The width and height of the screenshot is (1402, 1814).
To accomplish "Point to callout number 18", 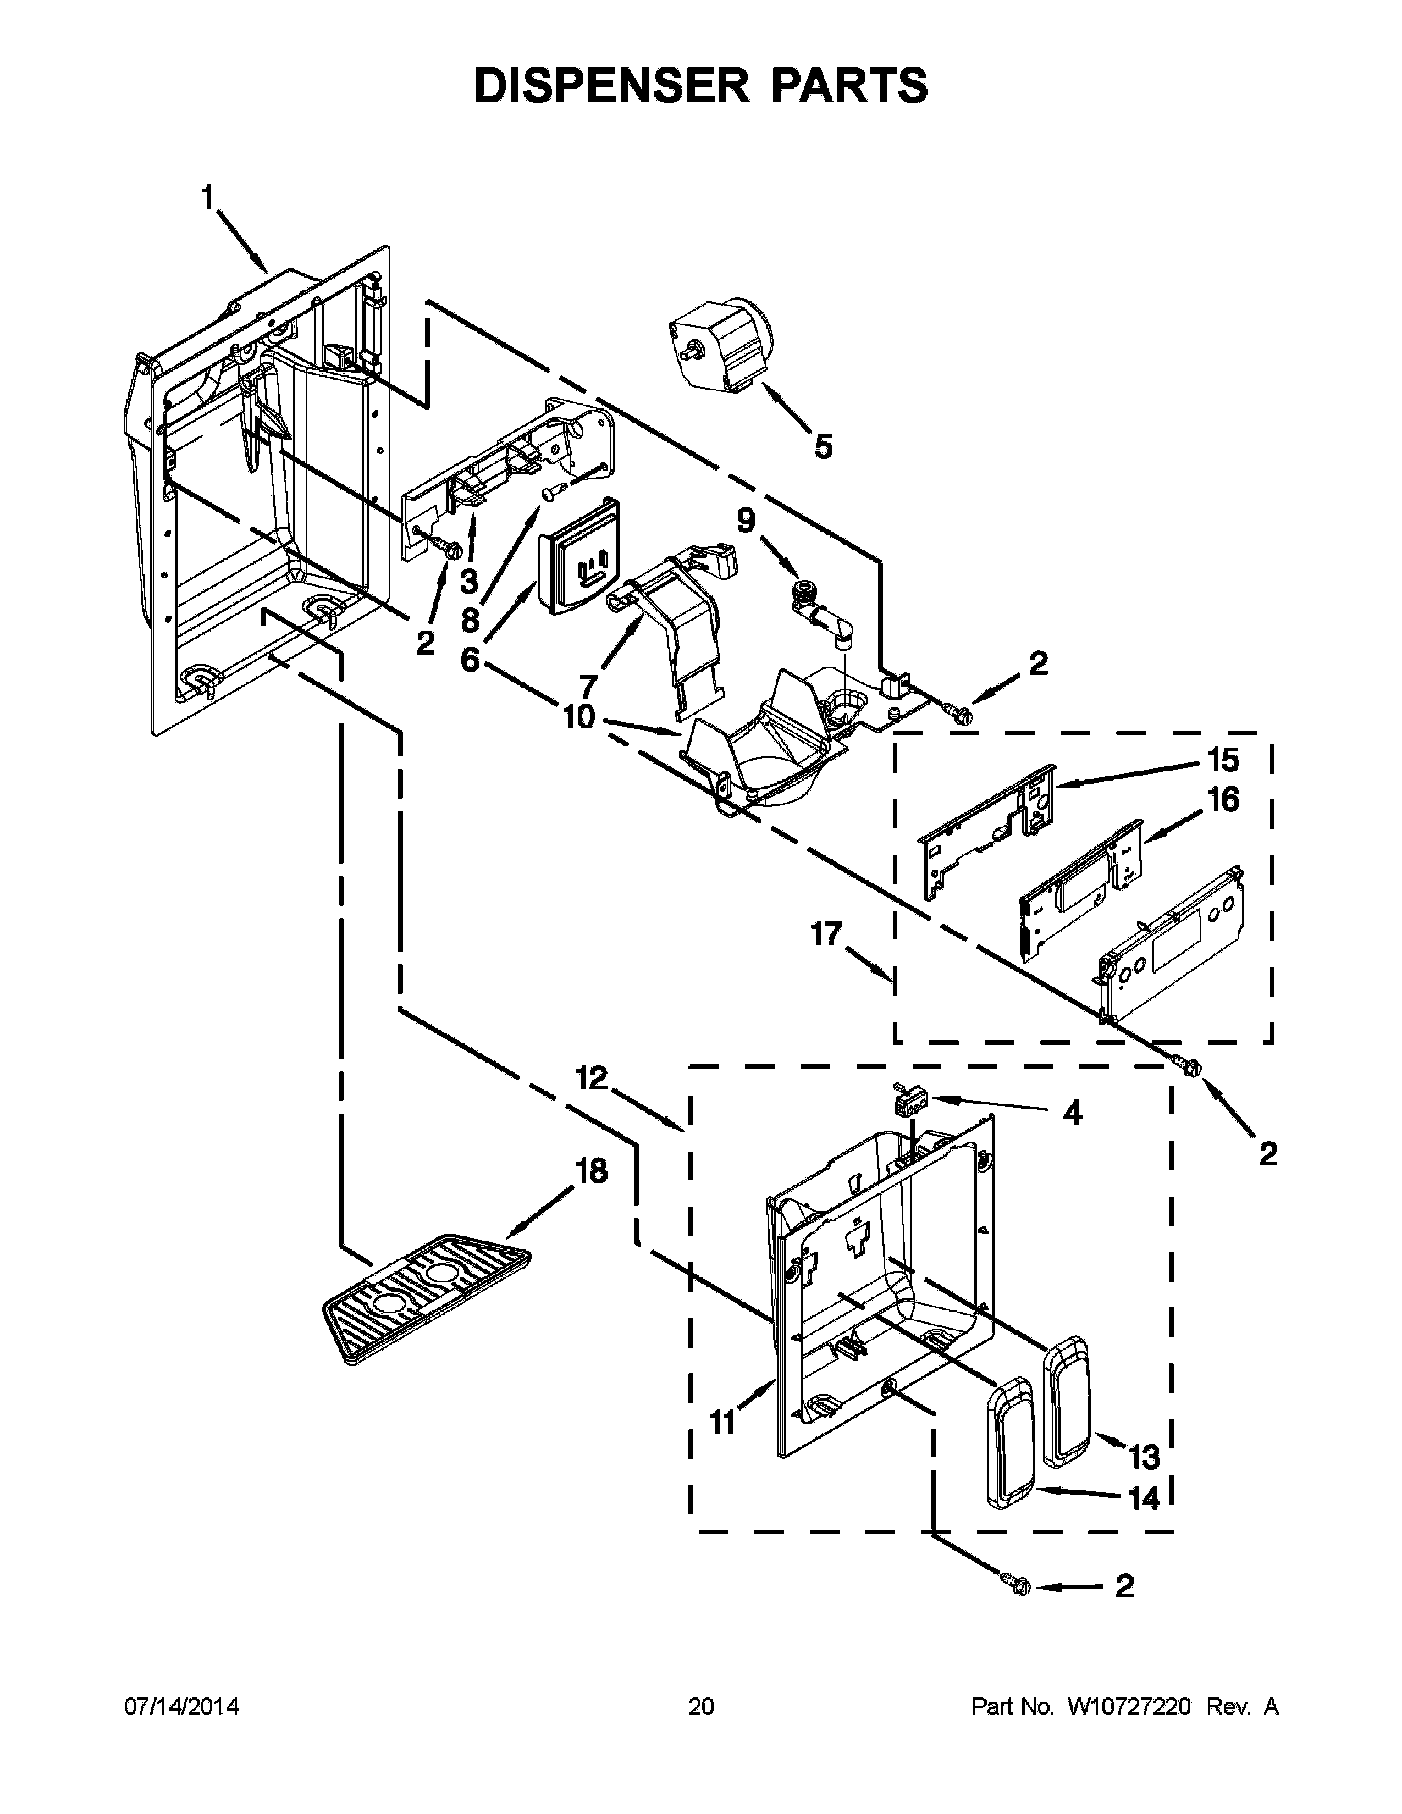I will point(592,1171).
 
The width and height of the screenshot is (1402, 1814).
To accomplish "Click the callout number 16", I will point(1223,800).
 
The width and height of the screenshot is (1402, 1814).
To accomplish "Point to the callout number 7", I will point(587,686).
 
